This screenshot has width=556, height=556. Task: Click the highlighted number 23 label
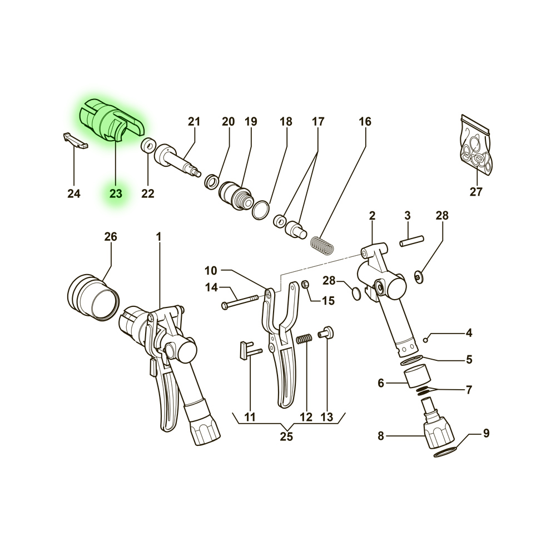coord(116,193)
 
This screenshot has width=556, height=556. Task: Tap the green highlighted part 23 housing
coord(111,121)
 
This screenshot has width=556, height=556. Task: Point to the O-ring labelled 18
coord(261,210)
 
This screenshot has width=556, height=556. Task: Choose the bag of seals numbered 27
coord(475,145)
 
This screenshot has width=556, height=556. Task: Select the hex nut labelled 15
coord(306,284)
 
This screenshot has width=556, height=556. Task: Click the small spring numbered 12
coord(305,339)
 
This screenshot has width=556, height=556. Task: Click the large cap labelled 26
coord(93,297)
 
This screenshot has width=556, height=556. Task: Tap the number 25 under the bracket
coord(286,436)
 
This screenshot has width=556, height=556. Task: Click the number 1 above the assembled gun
coord(159,236)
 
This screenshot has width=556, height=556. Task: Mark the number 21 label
coord(194,122)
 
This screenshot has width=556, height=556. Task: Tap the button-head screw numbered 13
coord(326,332)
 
